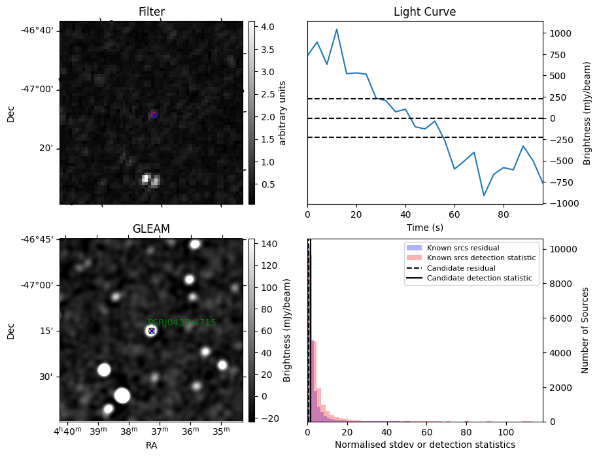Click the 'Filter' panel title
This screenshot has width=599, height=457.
151,12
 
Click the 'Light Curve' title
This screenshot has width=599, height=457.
424,12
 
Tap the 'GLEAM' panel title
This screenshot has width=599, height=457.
151,229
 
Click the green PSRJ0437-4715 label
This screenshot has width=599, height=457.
182,322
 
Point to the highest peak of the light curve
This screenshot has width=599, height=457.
337,29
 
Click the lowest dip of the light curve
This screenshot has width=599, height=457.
484,195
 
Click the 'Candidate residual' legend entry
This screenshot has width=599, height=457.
461,268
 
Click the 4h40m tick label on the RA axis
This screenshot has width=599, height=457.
67,432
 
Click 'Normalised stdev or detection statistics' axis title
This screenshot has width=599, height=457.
424,445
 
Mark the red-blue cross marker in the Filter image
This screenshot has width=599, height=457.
153,114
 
